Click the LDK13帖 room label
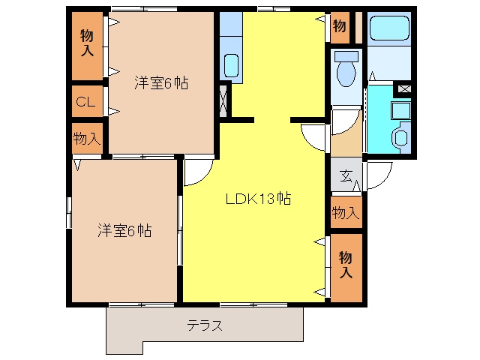pos(258,199)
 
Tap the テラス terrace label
pos(205,325)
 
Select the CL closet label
pos(85,102)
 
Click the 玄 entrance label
pos(346,175)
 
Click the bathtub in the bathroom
pos(389,28)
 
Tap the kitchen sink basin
pos(231,65)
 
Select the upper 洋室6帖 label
pos(161,83)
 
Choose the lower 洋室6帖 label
pos(124,230)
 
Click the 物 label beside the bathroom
pos(340,26)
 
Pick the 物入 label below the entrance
pos(346,212)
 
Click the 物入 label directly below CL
pos(87,138)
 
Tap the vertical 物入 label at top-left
pos(87,43)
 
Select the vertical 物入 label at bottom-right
pos(346,265)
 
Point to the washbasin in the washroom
pos(400,137)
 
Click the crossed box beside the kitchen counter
pos(223,100)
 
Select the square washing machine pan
pos(400,111)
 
